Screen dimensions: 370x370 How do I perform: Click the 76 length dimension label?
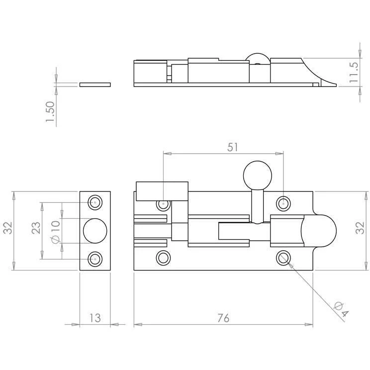click(x=223, y=318)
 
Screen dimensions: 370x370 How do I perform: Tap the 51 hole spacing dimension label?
click(x=233, y=147)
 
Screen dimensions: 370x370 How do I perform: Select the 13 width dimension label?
click(x=95, y=318)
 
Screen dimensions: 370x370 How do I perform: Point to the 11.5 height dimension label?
click(x=354, y=72)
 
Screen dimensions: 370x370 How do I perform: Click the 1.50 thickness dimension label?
click(x=50, y=112)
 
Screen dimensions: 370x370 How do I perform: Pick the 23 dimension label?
click(x=36, y=228)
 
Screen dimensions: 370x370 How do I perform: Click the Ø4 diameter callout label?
click(x=342, y=309)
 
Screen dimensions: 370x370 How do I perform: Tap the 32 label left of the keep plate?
click(x=8, y=228)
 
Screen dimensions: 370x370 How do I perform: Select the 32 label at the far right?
click(x=360, y=228)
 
